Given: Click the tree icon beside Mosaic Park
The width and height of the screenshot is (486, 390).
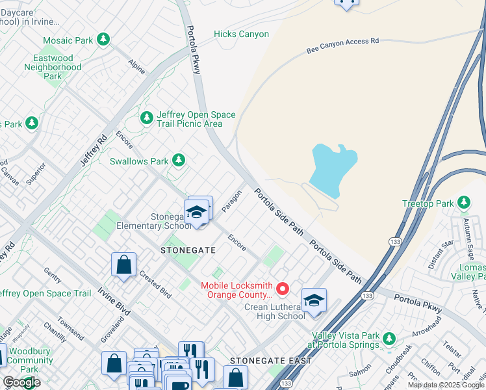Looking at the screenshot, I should (103, 40).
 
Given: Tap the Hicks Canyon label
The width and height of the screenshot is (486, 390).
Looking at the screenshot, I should (241, 34).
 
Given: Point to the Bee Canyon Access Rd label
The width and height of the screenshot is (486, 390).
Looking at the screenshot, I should (342, 45).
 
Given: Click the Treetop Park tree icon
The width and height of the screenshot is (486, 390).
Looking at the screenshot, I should (464, 203).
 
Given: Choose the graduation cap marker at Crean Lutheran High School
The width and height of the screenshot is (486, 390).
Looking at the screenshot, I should (314, 300).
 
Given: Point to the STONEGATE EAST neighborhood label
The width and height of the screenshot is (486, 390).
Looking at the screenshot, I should (271, 360).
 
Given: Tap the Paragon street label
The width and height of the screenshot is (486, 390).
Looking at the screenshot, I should (231, 201).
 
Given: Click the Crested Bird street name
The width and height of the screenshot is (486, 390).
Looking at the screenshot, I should (155, 283).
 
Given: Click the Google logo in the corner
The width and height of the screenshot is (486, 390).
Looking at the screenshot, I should (21, 382).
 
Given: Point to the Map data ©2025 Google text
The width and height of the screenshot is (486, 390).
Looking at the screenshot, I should (446, 385).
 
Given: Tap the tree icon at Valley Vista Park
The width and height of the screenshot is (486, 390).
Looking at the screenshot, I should (389, 339).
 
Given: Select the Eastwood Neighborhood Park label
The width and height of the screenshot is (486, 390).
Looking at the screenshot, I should (53, 67).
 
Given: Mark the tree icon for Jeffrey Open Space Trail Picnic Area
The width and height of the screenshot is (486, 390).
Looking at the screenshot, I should (147, 118).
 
